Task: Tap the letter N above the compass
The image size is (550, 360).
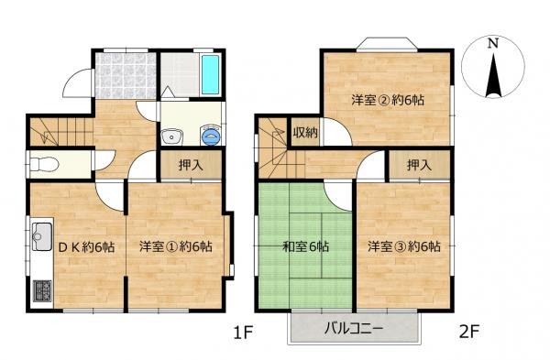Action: pos(493,42)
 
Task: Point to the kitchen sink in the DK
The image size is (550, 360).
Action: pos(42,240)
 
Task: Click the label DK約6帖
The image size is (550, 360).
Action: pos(86,246)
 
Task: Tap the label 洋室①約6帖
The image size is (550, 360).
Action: pos(176,246)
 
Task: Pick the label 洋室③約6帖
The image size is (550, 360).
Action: pos(404,246)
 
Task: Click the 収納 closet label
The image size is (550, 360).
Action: pos(305,133)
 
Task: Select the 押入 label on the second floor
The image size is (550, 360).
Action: pos(418,166)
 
